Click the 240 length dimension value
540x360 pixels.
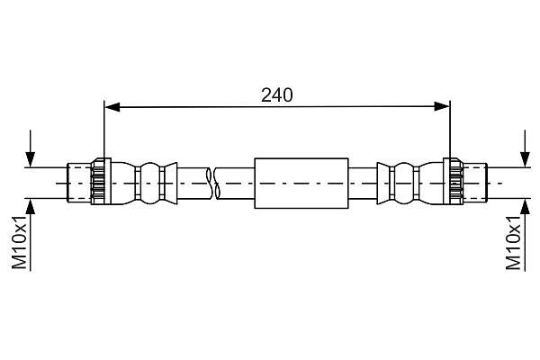277,95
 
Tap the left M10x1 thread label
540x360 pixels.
19,242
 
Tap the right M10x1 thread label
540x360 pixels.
514,242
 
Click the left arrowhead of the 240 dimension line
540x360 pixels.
112,107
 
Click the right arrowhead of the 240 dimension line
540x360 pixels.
442,107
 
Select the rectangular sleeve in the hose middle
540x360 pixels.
301,184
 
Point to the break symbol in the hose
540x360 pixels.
212,184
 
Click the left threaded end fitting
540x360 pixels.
79,183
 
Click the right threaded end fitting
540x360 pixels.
474,183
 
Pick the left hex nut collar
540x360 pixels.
101,182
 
